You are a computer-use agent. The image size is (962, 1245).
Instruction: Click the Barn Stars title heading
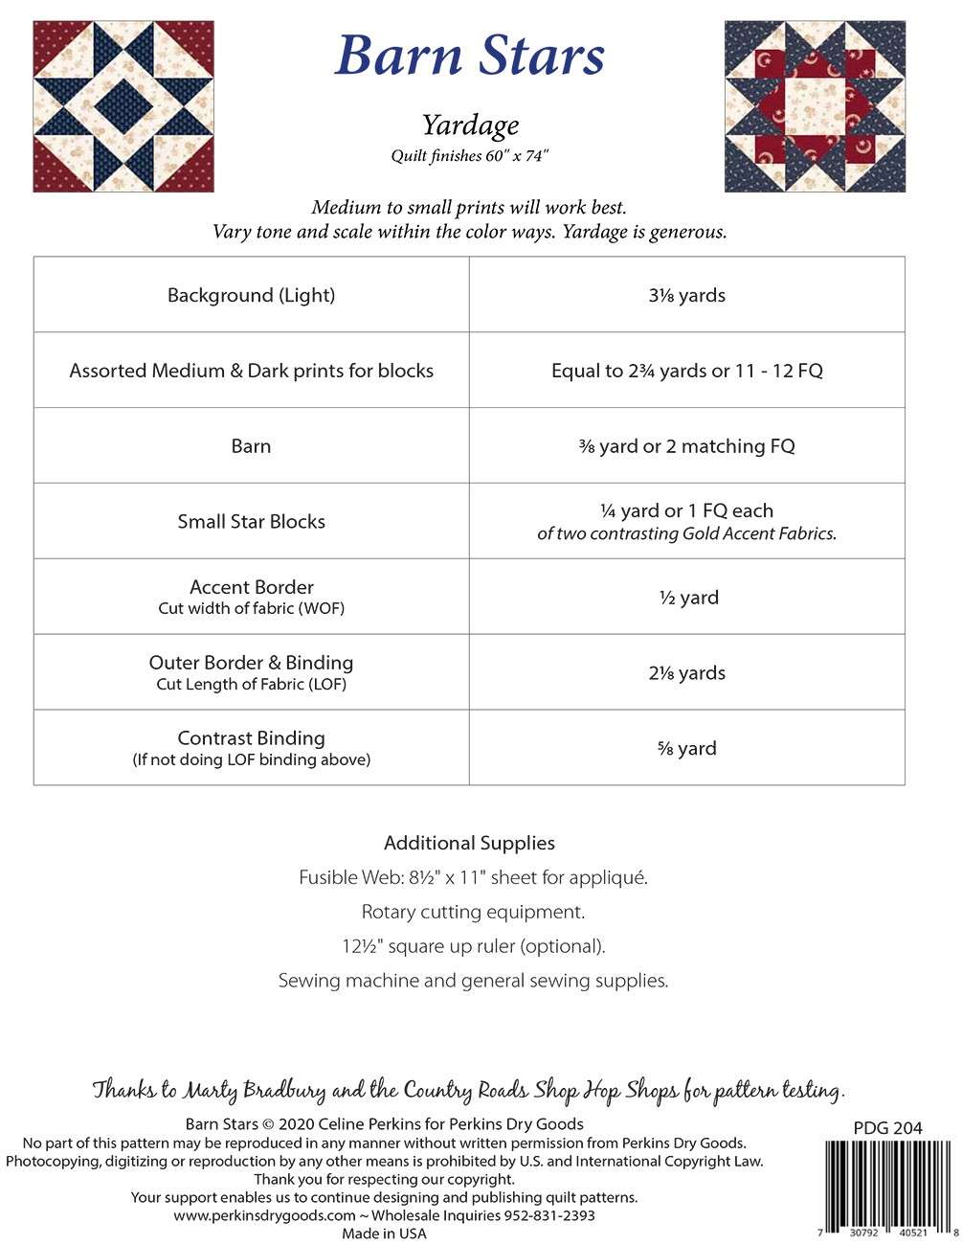tap(470, 56)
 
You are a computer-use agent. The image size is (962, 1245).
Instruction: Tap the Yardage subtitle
tap(470, 124)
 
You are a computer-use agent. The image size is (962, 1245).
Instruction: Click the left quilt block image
tap(123, 106)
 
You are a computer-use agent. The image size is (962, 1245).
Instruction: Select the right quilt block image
tap(814, 106)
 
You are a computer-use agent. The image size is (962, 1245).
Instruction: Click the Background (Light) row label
tap(251, 295)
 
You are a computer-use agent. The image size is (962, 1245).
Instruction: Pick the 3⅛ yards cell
tap(686, 295)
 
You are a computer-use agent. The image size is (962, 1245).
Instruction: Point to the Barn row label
tap(251, 446)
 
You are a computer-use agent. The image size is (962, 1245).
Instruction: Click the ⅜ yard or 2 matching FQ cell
tap(686, 446)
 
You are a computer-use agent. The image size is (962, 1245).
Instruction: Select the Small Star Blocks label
tap(251, 522)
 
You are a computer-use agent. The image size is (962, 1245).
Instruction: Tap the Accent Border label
tap(251, 588)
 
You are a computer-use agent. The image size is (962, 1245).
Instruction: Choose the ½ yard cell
tap(686, 598)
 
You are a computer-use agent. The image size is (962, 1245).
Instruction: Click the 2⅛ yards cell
tap(686, 673)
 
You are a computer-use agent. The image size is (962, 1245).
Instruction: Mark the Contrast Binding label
tap(251, 738)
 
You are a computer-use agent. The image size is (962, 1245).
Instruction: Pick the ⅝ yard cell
tap(686, 749)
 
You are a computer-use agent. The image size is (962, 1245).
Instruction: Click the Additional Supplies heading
tap(469, 843)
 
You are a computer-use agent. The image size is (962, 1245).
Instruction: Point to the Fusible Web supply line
tap(473, 877)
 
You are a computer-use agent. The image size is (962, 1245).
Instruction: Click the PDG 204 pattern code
tap(887, 1128)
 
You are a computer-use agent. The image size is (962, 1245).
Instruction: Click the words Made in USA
tap(384, 1234)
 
